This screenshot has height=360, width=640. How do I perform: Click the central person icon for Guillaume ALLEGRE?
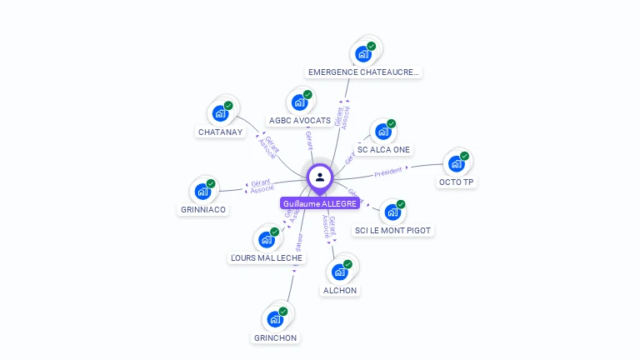[x=320, y=177]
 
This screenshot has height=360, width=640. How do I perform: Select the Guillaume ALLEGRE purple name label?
[x=320, y=203]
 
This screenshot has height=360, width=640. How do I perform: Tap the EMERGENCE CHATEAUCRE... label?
[x=364, y=72]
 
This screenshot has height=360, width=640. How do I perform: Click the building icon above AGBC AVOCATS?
[x=299, y=102]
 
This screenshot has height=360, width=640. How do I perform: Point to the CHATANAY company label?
[x=220, y=132]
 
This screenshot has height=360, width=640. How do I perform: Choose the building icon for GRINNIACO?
[x=202, y=192]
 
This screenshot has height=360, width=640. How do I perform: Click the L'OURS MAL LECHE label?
[x=267, y=258]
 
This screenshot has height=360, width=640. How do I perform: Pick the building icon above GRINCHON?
[x=274, y=319]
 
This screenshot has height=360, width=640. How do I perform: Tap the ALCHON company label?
[x=339, y=290]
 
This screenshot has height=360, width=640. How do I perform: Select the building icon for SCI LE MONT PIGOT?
[x=392, y=212]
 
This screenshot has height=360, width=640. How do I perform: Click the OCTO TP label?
[x=456, y=182]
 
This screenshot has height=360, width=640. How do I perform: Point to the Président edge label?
[x=388, y=172]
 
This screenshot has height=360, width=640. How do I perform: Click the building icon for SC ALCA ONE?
[x=382, y=131]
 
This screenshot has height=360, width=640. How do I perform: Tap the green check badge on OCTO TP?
[x=464, y=156]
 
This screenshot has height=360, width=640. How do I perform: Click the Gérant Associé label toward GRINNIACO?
[x=262, y=187]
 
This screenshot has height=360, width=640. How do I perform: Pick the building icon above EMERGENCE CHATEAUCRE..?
[x=362, y=54]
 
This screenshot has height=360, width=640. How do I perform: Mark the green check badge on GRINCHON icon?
[x=283, y=311]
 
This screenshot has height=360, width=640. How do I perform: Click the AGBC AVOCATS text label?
[x=299, y=120]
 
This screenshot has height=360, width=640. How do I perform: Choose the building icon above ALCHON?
[x=339, y=272]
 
